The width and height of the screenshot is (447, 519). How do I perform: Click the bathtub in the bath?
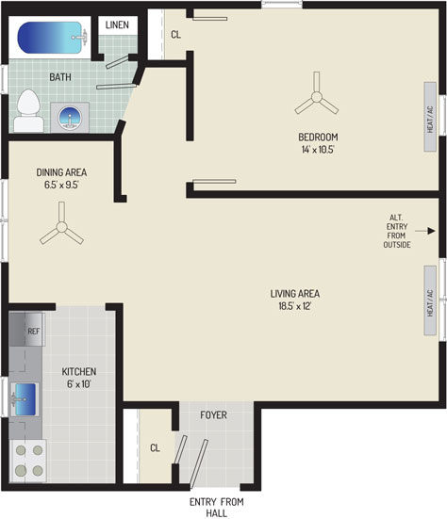pyautogui.click(x=50, y=38)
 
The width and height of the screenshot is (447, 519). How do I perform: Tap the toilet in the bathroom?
pyautogui.click(x=28, y=111)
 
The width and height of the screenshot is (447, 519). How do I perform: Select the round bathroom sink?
pyautogui.click(x=70, y=118)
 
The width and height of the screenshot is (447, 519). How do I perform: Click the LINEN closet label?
pyautogui.click(x=117, y=24)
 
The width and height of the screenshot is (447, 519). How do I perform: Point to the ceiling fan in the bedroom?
pyautogui.click(x=317, y=97)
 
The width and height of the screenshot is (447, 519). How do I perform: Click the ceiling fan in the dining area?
pyautogui.click(x=61, y=227)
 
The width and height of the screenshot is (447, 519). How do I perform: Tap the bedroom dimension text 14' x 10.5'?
pyautogui.click(x=318, y=149)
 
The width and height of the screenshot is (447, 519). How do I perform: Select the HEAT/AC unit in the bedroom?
pyautogui.click(x=430, y=117)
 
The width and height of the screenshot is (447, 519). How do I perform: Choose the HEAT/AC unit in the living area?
pyautogui.click(x=430, y=300)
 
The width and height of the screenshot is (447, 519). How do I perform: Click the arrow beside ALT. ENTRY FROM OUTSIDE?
pyautogui.click(x=425, y=231)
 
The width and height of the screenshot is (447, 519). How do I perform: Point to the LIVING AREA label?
pyautogui.click(x=295, y=294)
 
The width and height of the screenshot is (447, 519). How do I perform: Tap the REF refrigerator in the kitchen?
pyautogui.click(x=27, y=330)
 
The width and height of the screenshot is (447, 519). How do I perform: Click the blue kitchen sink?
pyautogui.click(x=25, y=399)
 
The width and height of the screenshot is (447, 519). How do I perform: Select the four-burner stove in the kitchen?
pyautogui.click(x=28, y=461)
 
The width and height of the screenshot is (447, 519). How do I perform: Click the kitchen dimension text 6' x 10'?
pyautogui.click(x=79, y=384)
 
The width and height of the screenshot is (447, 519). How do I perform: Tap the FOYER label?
pyautogui.click(x=213, y=414)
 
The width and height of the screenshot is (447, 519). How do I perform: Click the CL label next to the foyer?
pyautogui.click(x=155, y=447)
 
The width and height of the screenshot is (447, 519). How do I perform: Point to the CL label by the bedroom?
pyautogui.click(x=175, y=35)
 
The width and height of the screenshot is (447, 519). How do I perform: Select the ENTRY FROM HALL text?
pyautogui.click(x=217, y=508)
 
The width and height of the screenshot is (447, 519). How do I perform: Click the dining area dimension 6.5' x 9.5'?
pyautogui.click(x=61, y=185)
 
